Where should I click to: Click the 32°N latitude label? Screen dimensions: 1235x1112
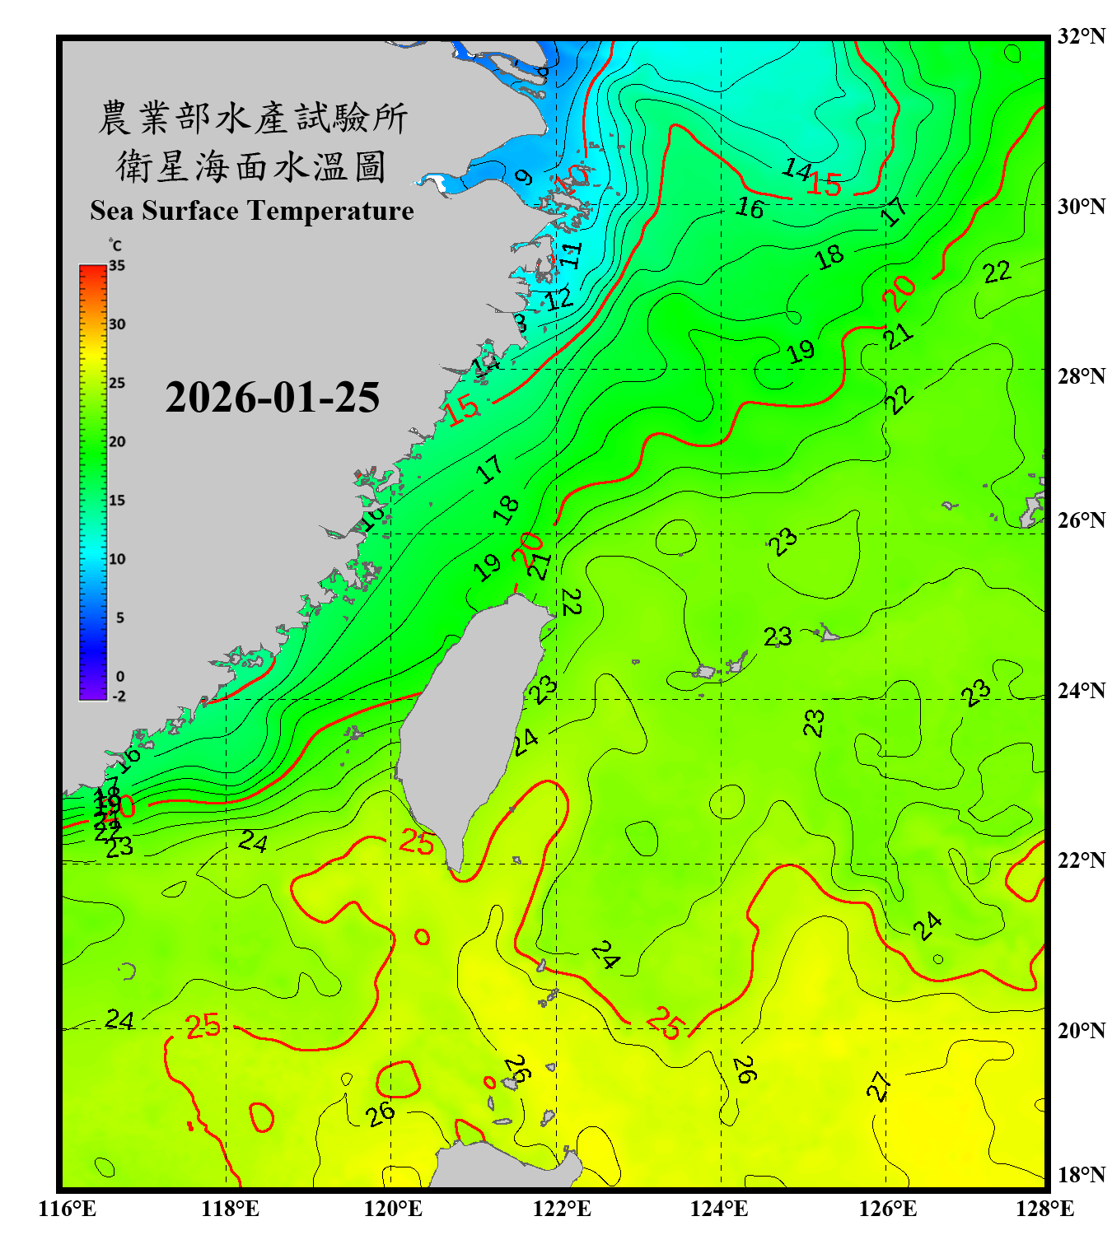pyautogui.click(x=1081, y=36)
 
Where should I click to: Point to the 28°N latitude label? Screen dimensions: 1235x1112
pyautogui.click(x=1081, y=376)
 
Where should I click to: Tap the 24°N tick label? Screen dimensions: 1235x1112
pyautogui.click(x=1081, y=691)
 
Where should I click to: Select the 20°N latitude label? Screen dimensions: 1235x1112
pyautogui.click(x=1081, y=1030)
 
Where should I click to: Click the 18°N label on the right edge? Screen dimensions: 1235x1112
pyautogui.click(x=1081, y=1175)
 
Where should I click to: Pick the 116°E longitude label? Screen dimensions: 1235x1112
pyautogui.click(x=68, y=1209)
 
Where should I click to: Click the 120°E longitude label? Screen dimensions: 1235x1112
pyautogui.click(x=393, y=1209)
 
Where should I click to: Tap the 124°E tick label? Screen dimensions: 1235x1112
pyautogui.click(x=719, y=1209)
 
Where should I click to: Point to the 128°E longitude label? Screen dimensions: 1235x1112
pyautogui.click(x=1044, y=1209)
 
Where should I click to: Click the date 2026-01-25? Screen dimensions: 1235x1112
pyautogui.click(x=272, y=398)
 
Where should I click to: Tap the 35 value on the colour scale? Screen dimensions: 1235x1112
pyautogui.click(x=117, y=266)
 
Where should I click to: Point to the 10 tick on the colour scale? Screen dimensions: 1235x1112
pyautogui.click(x=117, y=559)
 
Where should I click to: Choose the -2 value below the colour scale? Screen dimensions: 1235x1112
pyautogui.click(x=119, y=697)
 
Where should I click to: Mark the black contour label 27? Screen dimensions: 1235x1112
pyautogui.click(x=879, y=1087)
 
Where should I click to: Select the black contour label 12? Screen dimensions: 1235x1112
pyautogui.click(x=559, y=298)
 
